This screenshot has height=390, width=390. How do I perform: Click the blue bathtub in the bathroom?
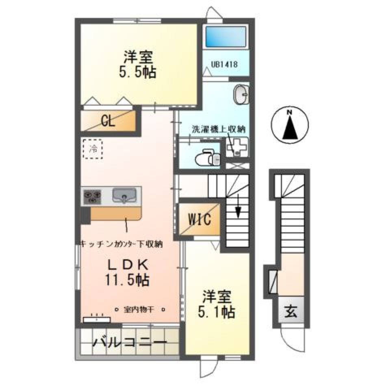pyautogui.click(x=226, y=37)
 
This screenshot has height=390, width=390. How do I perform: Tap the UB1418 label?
pyautogui.click(x=224, y=64)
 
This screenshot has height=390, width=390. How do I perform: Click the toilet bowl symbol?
pyautogui.click(x=206, y=158)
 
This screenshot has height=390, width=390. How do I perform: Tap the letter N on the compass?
pyautogui.click(x=289, y=113)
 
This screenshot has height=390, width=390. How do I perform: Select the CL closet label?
pyautogui.click(x=108, y=121)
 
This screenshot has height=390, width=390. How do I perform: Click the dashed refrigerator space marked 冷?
pyautogui.click(x=93, y=149)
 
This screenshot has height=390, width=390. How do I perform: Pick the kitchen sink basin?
pyautogui.click(x=124, y=196)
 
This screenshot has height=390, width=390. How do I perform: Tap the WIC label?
pyautogui.click(x=199, y=220)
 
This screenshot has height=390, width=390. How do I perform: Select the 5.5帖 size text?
pyautogui.click(x=138, y=72)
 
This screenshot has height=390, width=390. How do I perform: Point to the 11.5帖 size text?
pyautogui.click(x=127, y=280)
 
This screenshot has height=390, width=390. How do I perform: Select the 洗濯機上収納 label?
pyautogui.click(x=218, y=129)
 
